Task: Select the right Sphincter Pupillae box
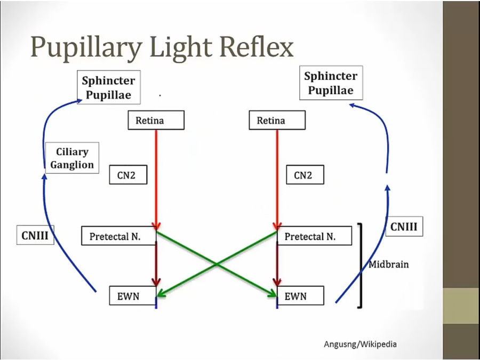click(331, 83)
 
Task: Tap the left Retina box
click(156, 121)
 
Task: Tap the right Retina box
click(277, 121)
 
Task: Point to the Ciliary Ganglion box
click(72, 158)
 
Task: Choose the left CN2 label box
click(128, 175)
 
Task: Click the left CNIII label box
click(36, 235)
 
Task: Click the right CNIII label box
click(404, 227)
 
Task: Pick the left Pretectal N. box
click(118, 236)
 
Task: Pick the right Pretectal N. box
click(315, 236)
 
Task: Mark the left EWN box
click(132, 295)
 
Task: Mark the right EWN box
click(299, 295)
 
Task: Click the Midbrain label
click(389, 264)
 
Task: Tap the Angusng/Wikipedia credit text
click(360, 344)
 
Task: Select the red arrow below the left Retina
click(156, 176)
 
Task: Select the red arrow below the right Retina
click(277, 176)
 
